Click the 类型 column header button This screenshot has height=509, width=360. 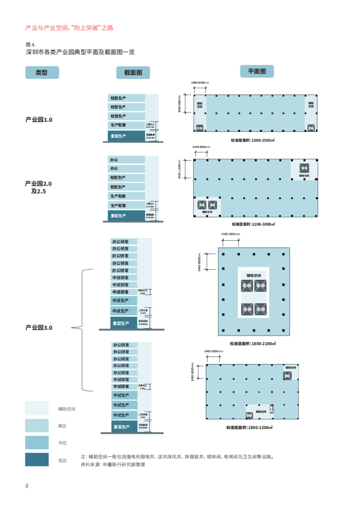pyautogui.click(x=42, y=72)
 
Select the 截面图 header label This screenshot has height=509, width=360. pyautogui.click(x=133, y=73)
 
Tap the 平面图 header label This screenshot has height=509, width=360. pyautogui.click(x=257, y=71)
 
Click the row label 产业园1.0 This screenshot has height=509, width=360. pyautogui.click(x=39, y=120)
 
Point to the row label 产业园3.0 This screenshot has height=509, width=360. pyautogui.click(x=39, y=328)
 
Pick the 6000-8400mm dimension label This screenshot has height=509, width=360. pyautogui.click(x=200, y=82)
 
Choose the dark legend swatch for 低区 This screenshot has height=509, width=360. pyautogui.click(x=37, y=460)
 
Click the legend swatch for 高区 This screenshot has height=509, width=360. pyautogui.click(x=37, y=426)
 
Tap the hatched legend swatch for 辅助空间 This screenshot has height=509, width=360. pyautogui.click(x=37, y=409)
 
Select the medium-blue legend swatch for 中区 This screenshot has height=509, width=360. pyautogui.click(x=37, y=443)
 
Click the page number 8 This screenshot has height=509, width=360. pyautogui.click(x=27, y=486)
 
